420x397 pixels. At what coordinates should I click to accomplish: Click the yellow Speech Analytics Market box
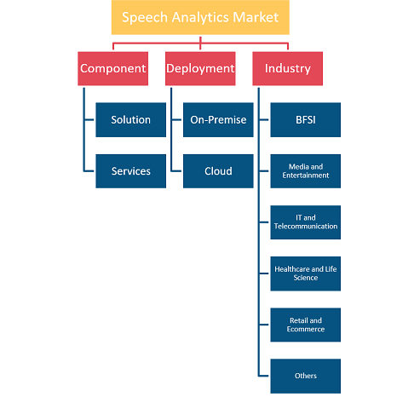pos(200,17)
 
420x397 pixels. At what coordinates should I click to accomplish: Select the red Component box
pos(113,68)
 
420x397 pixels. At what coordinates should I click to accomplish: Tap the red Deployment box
pos(200,68)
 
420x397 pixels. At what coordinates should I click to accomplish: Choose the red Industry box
pos(288,68)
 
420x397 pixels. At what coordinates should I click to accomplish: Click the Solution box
pos(131,120)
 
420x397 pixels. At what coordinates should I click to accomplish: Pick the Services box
pos(131,171)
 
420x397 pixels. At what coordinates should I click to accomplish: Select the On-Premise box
pos(218,120)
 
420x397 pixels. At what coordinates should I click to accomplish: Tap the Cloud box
pos(218,171)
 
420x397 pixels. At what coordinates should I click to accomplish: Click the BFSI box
pos(306,120)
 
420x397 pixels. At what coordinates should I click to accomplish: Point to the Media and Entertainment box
pos(306,171)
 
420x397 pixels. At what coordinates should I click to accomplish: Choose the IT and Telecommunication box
pos(306,222)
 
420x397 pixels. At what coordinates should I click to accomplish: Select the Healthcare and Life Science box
pos(306,273)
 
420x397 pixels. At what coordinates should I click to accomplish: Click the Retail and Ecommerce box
pos(306,325)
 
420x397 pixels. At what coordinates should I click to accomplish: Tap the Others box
pos(306,377)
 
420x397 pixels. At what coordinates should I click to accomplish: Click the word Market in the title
pos(256,17)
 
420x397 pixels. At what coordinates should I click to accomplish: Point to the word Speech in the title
pos(145,18)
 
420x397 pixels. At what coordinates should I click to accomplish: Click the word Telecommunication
pos(306,227)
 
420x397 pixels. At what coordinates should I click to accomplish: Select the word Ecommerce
pos(306,329)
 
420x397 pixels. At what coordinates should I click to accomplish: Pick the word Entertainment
pos(306,175)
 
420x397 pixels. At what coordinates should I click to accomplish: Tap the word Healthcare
pos(292,269)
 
